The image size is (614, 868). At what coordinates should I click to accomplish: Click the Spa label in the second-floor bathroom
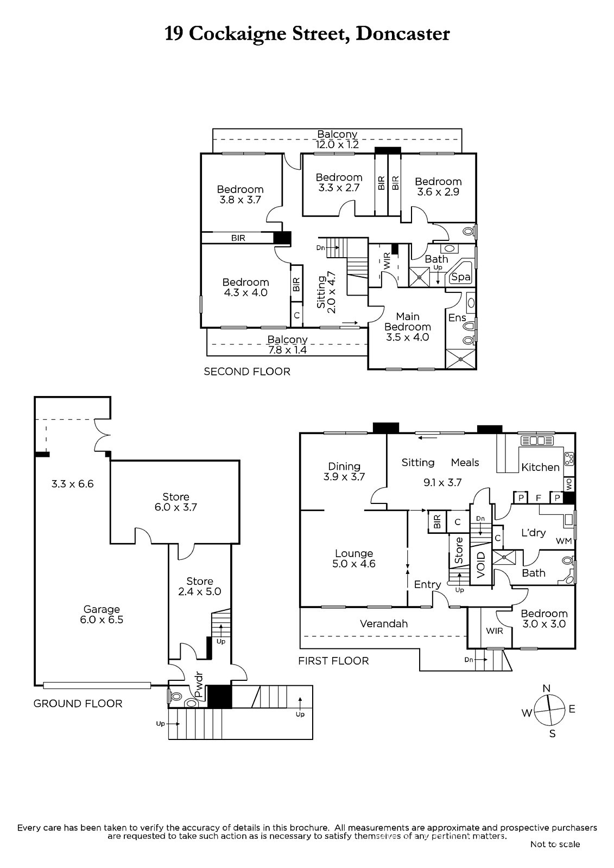pos(461,277)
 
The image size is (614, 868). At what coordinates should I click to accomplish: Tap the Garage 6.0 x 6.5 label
pos(102,615)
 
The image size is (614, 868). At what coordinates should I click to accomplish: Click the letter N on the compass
pos(547,688)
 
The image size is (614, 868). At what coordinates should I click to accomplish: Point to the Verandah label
pos(384,624)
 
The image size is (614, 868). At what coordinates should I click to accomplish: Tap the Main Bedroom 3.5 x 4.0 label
pos(407,327)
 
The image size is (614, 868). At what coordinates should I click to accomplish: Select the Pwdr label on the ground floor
pos(199,685)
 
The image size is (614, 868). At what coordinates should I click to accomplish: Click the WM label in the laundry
pos(564,541)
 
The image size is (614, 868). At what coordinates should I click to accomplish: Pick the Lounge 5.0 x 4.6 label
pos(354,558)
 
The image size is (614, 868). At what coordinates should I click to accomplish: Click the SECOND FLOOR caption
pos(247,372)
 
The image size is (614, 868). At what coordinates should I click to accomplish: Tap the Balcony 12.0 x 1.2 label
pos(337,139)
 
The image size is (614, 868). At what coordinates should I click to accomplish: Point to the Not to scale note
pos(555,844)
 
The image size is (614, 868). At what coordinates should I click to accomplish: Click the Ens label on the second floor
pos(457,317)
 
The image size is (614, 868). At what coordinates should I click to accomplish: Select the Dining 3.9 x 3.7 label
pos(344,471)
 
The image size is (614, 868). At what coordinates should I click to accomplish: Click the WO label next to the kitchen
pos(569,484)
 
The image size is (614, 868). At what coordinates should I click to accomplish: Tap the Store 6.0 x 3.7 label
pos(176,502)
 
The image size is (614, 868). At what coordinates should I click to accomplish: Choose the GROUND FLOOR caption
pos(78,704)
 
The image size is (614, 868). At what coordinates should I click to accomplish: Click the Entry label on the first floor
pos(427,584)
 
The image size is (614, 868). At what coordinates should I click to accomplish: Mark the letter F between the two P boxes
pos(539,497)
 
